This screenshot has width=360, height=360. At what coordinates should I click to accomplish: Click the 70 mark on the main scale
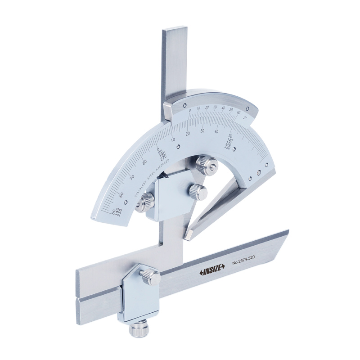click(x=132, y=177)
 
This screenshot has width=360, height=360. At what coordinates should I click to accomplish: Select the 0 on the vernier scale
click(x=190, y=110)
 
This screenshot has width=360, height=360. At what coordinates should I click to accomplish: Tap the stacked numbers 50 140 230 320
click(x=229, y=141)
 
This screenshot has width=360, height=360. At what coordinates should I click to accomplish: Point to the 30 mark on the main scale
click(x=202, y=130)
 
